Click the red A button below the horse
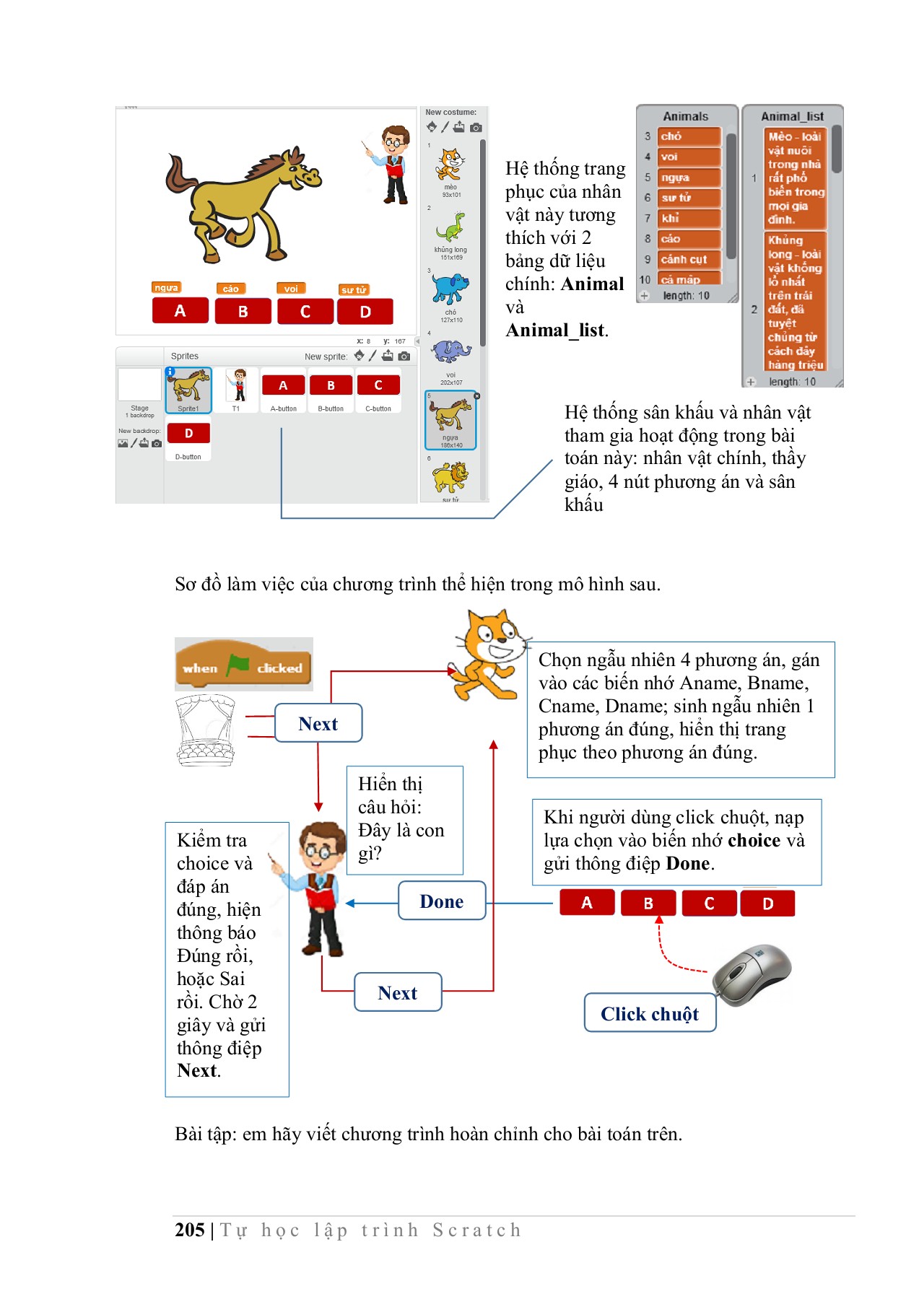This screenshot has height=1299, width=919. pos(180,311)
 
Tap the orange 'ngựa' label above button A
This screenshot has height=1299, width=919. pos(166,288)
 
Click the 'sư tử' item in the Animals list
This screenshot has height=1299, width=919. pos(689,198)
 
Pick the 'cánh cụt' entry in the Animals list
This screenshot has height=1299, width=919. pos(689,259)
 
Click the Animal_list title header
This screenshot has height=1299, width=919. pos(792,116)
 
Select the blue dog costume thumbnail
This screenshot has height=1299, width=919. pos(450,289)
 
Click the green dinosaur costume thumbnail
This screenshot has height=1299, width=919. pos(450,227)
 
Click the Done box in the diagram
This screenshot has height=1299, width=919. pos(442,901)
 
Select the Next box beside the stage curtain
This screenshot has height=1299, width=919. pos(318,724)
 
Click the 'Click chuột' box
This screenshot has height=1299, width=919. pos(649,1014)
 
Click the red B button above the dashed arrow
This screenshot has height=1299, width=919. pos(648,903)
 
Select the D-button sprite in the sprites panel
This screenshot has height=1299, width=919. pos(188,434)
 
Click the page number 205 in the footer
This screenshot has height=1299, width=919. pos(190,1230)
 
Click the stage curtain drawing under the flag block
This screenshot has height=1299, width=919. pos(206,730)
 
